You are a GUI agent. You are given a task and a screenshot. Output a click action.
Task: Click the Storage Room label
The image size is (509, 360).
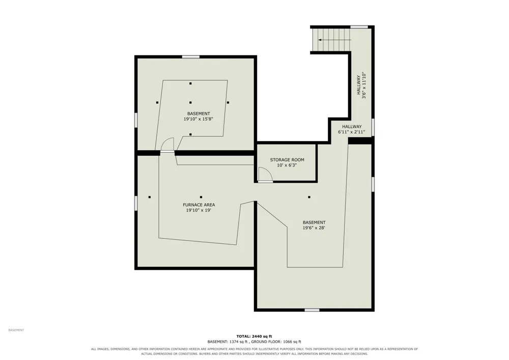click(x=287, y=160)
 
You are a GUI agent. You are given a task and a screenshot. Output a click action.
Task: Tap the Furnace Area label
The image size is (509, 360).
click(x=199, y=205)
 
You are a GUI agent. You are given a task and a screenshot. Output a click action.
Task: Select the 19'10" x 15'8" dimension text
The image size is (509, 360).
click(x=199, y=119)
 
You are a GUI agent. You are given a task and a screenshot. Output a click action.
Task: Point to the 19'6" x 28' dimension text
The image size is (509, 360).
click(x=314, y=228)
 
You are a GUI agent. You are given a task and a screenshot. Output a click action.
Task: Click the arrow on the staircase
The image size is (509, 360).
click(x=335, y=40)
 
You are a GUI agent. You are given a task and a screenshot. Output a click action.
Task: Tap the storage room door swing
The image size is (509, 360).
click(x=265, y=174)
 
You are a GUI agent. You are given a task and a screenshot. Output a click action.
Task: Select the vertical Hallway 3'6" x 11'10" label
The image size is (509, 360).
click(x=361, y=86)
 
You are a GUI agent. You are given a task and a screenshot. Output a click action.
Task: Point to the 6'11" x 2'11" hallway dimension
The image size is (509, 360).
click(x=352, y=132)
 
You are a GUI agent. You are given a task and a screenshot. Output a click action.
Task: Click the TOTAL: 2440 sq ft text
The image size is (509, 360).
click(x=254, y=336)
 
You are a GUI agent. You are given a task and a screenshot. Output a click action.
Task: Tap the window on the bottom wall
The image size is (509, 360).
click(x=312, y=310)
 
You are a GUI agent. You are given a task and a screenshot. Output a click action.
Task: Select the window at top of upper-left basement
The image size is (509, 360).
click(x=190, y=57)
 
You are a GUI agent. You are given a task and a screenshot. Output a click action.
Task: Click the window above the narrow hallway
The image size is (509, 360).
click(x=359, y=27)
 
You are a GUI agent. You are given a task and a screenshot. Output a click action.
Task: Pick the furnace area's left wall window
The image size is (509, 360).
click(x=136, y=203)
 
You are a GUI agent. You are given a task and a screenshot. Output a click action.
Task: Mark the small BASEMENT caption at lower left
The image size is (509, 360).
click(x=16, y=330)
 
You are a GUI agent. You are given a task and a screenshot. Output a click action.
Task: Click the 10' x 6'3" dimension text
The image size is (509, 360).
click(x=287, y=165)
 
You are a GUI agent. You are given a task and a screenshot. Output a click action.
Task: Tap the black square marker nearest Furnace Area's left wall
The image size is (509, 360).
click(x=150, y=197)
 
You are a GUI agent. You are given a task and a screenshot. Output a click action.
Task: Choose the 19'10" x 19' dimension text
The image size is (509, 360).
click(x=199, y=210)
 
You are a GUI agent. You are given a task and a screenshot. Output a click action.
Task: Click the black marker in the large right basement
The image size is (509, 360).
click(x=309, y=197)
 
